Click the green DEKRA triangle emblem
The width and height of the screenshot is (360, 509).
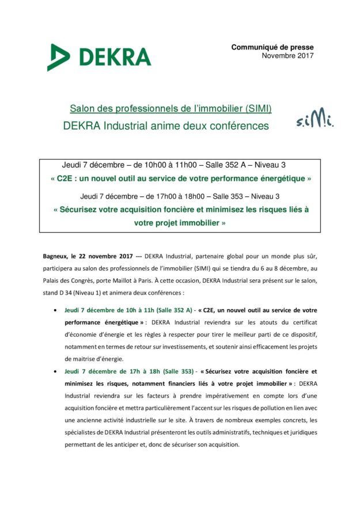point(59,56)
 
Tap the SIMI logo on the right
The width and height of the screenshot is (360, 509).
point(317,118)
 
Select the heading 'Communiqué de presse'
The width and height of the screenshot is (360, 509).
point(272,47)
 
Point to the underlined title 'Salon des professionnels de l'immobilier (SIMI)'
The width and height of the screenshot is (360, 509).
point(170,108)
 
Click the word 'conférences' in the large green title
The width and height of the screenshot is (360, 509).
point(236,126)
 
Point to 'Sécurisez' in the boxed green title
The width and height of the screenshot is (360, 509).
point(81,210)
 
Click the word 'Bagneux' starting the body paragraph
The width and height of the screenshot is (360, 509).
point(56,255)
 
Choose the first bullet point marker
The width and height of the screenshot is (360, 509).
point(54,310)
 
